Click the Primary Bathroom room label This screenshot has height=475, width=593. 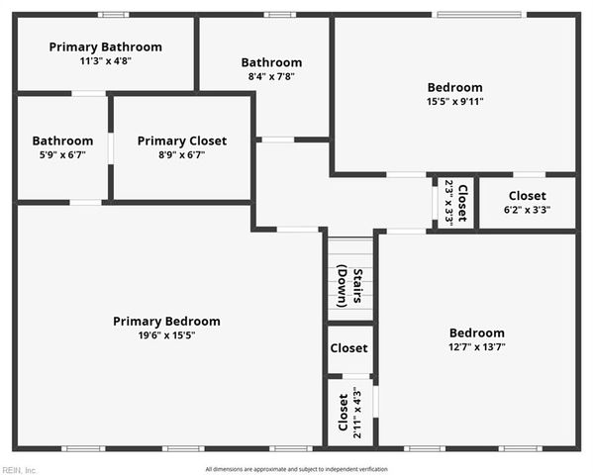pyautogui.click(x=105, y=47)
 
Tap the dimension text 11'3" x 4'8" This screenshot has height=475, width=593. pyautogui.click(x=105, y=61)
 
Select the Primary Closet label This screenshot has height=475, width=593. pyautogui.click(x=181, y=141)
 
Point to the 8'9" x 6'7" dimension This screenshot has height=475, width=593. pyautogui.click(x=181, y=155)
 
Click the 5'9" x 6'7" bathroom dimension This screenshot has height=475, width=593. pyautogui.click(x=62, y=155)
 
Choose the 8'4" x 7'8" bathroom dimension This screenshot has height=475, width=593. pyautogui.click(x=272, y=76)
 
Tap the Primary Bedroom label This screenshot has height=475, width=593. pyautogui.click(x=166, y=321)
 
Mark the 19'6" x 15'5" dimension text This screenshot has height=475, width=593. pyautogui.click(x=166, y=335)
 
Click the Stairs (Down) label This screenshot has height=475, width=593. pyautogui.click(x=350, y=285)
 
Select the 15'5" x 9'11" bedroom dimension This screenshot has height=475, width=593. pyautogui.click(x=454, y=101)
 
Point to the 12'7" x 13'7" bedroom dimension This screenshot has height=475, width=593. pyautogui.click(x=476, y=347)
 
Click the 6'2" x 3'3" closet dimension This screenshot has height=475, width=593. pyautogui.click(x=527, y=210)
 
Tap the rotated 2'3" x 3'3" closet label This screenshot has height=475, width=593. pyautogui.click(x=454, y=203)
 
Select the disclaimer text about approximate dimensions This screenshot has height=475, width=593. pyautogui.click(x=296, y=469)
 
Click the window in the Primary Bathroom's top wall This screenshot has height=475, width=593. pyautogui.click(x=113, y=14)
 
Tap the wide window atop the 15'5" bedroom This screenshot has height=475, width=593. pyautogui.click(x=479, y=14)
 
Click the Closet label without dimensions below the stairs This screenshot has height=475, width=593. pyautogui.click(x=348, y=348)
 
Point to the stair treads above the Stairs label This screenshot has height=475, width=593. pyautogui.click(x=350, y=247)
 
